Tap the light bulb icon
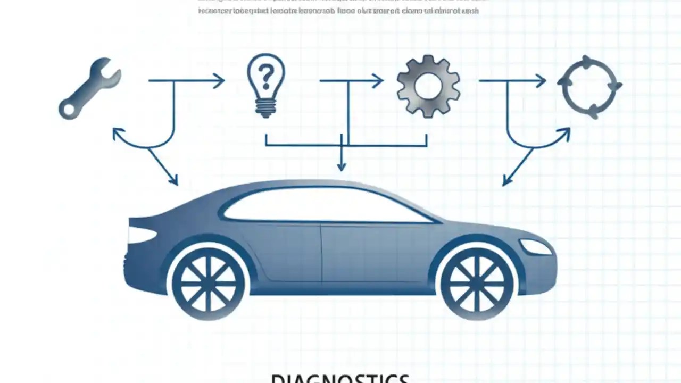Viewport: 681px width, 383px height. pos(266,85)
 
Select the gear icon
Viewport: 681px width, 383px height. pos(428,87)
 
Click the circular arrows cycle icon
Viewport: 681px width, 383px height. pos(589,87)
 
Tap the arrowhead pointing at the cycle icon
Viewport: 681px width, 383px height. pos(541,81)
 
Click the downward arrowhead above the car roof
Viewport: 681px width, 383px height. pos(342,166)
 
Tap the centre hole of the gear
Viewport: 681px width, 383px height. pos(428,87)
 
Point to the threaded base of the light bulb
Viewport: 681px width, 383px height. pos(265,108)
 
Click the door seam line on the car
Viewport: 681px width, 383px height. pos(321,253)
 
